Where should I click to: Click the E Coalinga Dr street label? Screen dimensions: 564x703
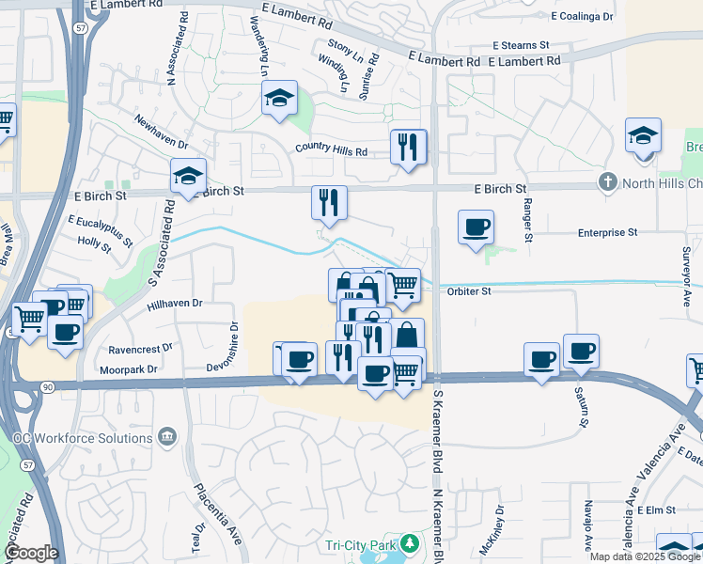point(582,17)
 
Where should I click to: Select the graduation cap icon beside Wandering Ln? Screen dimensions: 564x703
point(279,99)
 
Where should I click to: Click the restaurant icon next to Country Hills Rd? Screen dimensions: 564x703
point(408,148)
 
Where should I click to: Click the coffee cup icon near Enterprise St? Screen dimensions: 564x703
point(476,227)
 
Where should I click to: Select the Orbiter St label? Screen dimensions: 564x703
point(469,291)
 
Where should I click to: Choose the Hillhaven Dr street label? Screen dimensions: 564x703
point(175,304)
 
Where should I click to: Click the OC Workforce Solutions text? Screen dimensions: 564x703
point(77,438)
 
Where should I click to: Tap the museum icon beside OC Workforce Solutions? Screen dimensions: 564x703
point(167,436)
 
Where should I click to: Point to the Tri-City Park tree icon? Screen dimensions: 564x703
point(409,543)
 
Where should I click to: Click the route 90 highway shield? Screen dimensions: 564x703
point(48,386)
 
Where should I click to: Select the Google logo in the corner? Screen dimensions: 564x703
point(31,552)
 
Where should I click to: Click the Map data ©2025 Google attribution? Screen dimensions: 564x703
point(645,556)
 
